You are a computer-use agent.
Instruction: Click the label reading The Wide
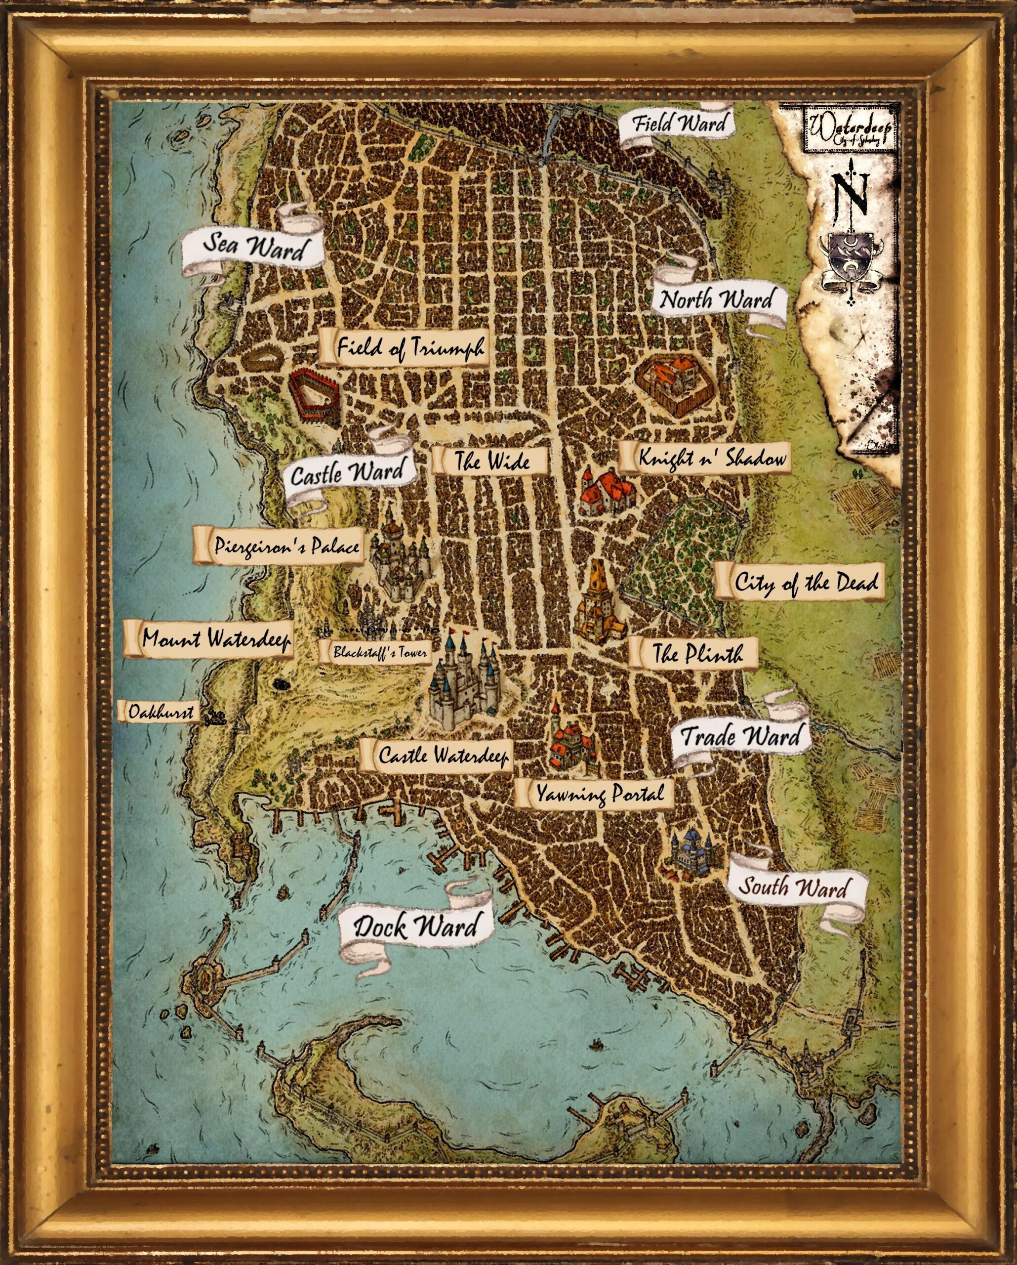(x=492, y=461)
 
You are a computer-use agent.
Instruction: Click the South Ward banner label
(x=793, y=904)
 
